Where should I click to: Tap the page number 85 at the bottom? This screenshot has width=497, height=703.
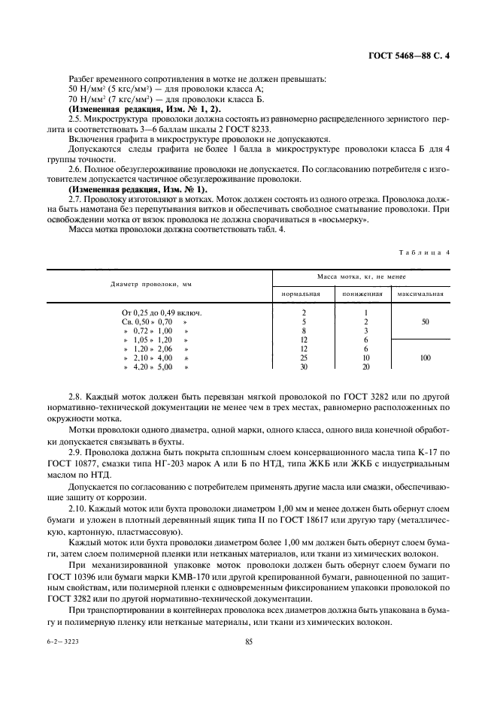click(249, 641)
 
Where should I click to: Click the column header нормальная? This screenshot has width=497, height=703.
click(302, 294)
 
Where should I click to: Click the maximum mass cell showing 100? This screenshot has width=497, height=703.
click(425, 358)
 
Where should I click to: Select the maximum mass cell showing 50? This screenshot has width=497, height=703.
click(425, 321)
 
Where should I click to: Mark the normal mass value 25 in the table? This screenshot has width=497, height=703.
click(303, 358)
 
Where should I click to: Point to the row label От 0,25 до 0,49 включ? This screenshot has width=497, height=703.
click(162, 312)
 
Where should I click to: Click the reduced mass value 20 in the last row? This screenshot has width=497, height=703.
click(365, 367)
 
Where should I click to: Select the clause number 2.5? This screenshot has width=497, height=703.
click(75, 119)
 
